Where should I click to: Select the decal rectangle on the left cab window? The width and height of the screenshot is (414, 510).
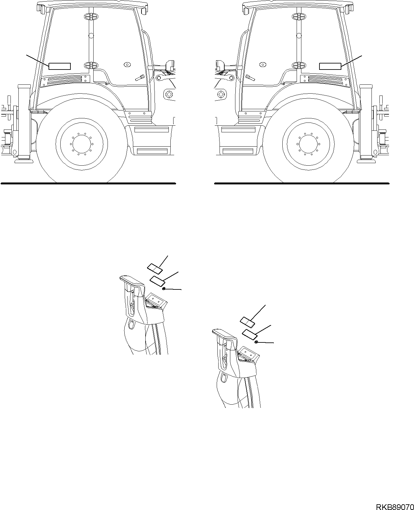(x=60, y=66)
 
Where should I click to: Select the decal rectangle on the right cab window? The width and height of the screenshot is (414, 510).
(x=330, y=66)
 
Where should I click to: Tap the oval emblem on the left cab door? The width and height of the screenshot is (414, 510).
(x=127, y=64)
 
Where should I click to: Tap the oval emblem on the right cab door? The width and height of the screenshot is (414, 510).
(x=262, y=64)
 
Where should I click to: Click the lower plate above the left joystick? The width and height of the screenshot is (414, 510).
(x=158, y=280)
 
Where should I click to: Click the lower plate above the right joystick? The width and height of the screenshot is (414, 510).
(x=250, y=334)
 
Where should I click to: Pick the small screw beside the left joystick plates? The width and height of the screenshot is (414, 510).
(x=163, y=288)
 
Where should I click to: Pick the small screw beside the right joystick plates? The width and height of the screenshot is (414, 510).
(x=256, y=342)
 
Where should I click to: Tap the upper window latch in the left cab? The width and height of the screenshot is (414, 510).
(x=89, y=17)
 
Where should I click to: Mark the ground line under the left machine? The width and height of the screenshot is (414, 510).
(x=88, y=183)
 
